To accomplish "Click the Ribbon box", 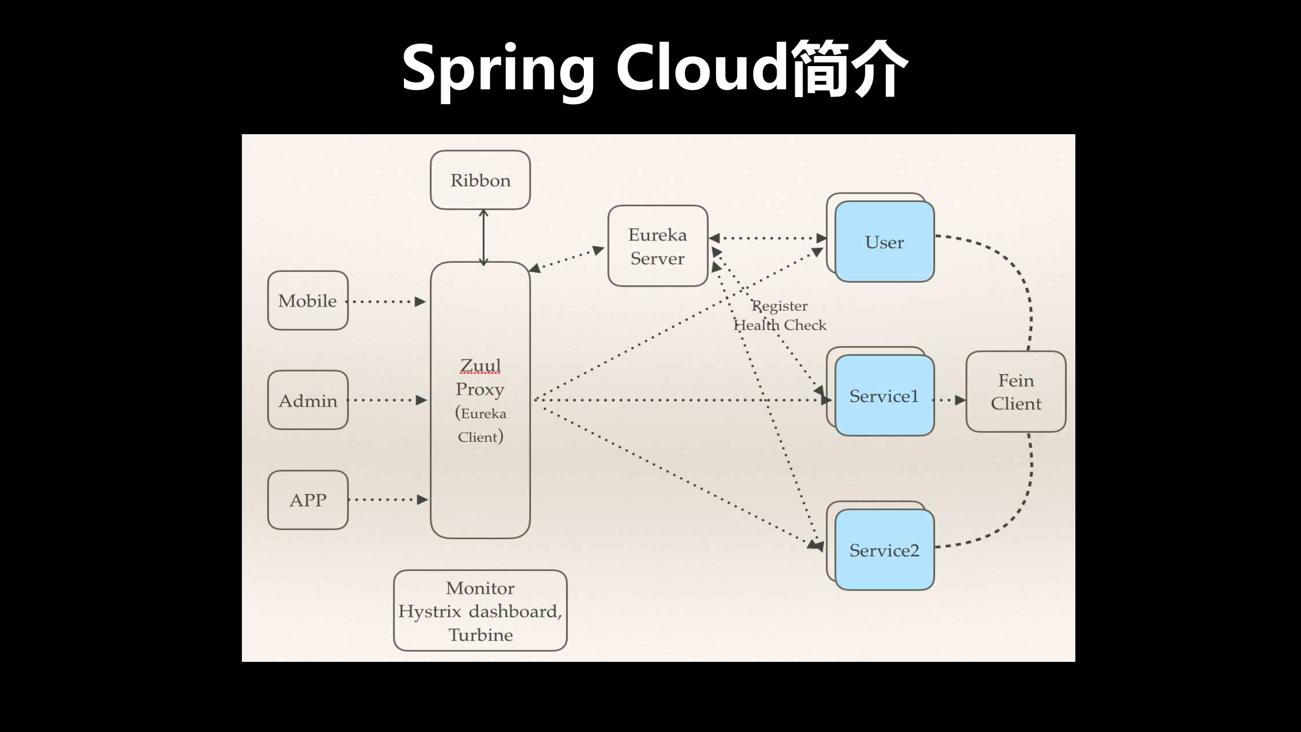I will click(x=480, y=180).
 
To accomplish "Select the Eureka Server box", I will click(x=658, y=246).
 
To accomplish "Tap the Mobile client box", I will click(x=307, y=300).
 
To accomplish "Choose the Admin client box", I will click(x=307, y=401).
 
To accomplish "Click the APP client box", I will click(x=307, y=500).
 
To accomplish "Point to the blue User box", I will click(x=884, y=242).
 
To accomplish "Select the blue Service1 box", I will click(x=884, y=396).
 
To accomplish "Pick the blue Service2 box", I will click(x=884, y=550).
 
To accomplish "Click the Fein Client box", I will click(x=1015, y=391).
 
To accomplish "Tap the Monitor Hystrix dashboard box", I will click(x=480, y=611).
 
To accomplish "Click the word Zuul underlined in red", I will click(x=480, y=365).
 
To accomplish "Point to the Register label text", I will click(x=780, y=306).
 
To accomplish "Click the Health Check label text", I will click(x=780, y=325).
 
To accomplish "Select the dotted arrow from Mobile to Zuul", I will click(x=386, y=301).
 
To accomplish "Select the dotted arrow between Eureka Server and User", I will click(x=767, y=238).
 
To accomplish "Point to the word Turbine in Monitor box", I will click(x=480, y=635).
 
